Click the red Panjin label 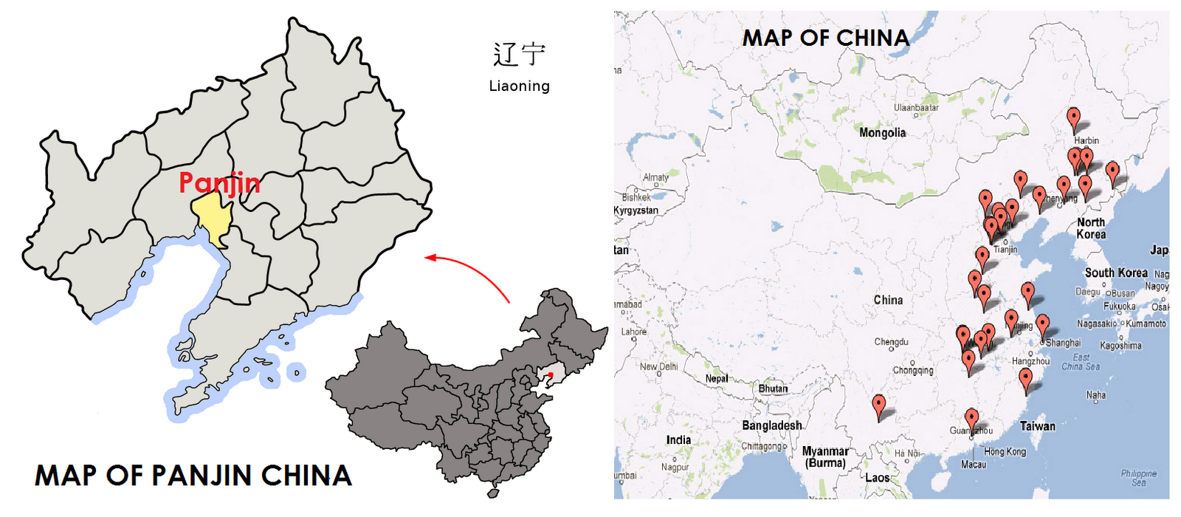219,182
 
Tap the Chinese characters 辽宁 519,55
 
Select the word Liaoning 519,86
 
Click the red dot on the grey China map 550,375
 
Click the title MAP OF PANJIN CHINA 193,476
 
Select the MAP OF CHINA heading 825,38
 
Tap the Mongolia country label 882,133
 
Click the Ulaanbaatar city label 916,108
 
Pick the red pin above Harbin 1074,117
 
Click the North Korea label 1091,227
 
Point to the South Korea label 1116,273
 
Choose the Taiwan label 1037,426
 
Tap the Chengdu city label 891,342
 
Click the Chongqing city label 913,370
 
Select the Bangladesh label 772,425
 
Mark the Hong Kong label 1005,451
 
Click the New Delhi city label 658,366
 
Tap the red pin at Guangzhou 971,420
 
